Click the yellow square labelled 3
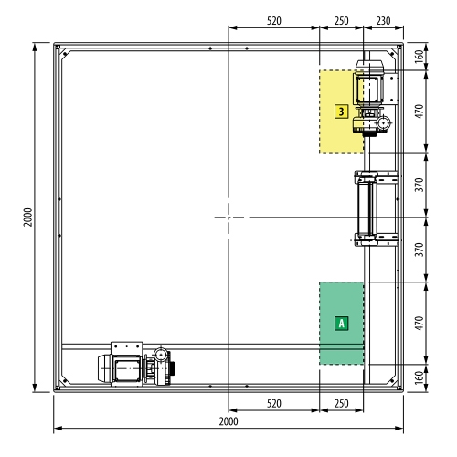click(341, 112)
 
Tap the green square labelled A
click(341, 323)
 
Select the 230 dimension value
click(383, 21)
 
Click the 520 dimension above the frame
click(274, 21)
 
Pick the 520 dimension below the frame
click(274, 403)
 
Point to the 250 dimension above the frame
click(341, 21)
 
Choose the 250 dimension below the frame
click(341, 403)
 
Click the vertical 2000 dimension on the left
click(27, 218)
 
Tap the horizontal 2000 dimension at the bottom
click(228, 421)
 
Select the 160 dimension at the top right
click(420, 57)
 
